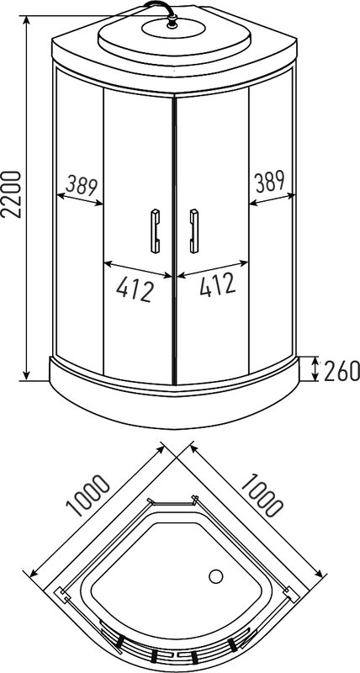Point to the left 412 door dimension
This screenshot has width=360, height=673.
[x=135, y=289]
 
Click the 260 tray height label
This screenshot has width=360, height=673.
[x=341, y=370]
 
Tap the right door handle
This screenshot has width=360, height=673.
[x=194, y=229]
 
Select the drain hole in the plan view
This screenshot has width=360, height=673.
[x=214, y=578]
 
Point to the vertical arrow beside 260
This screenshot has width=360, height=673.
[x=315, y=368]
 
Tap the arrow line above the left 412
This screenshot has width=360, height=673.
[x=137, y=270]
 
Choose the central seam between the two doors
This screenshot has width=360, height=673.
[x=174, y=236]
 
